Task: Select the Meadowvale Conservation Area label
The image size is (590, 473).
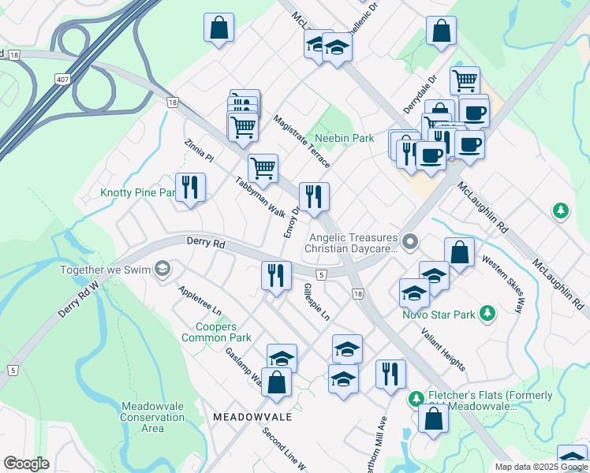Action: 152,417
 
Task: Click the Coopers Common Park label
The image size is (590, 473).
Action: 216,332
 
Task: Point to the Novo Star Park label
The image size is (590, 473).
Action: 443,315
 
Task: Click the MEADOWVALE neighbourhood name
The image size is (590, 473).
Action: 242,416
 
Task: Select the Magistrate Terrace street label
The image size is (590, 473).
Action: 301,141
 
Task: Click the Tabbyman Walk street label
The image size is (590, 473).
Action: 260,196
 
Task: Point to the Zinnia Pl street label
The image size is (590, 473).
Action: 198,151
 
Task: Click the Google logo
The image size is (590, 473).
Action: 26,464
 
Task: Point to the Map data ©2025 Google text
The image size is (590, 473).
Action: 541,467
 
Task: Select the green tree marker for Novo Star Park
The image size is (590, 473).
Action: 487,314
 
